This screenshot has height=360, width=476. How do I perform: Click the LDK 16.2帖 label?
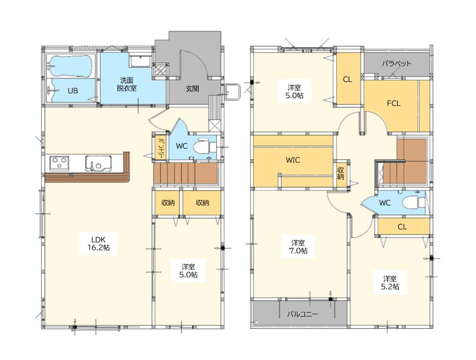click(x=99, y=243)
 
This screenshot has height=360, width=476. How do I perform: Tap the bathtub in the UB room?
click(x=71, y=66)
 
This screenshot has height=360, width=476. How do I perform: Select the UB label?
click(x=73, y=91)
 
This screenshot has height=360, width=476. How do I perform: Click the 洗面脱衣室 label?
click(x=127, y=84)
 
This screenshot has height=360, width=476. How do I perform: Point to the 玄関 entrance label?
click(x=192, y=89)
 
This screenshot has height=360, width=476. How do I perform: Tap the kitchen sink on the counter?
click(x=98, y=163)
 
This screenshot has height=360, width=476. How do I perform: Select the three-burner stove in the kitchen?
click(x=59, y=163)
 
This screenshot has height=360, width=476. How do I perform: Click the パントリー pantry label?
click(x=161, y=148)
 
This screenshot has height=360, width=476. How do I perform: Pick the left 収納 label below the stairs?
click(x=168, y=203)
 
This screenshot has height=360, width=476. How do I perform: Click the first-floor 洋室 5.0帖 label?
click(x=188, y=270)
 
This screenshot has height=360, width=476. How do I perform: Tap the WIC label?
click(x=293, y=160)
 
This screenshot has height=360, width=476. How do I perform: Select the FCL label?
click(x=394, y=104)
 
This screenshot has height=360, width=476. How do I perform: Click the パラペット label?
click(x=396, y=64)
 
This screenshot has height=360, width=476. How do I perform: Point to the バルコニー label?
click(x=303, y=314)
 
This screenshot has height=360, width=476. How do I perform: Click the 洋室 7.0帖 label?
click(x=298, y=246)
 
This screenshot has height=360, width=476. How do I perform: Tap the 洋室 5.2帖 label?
click(x=390, y=282)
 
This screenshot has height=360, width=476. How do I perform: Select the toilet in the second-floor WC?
click(x=414, y=202)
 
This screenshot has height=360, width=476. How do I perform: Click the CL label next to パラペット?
click(x=347, y=80)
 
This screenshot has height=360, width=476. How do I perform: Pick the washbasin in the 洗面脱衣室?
click(x=140, y=61)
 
